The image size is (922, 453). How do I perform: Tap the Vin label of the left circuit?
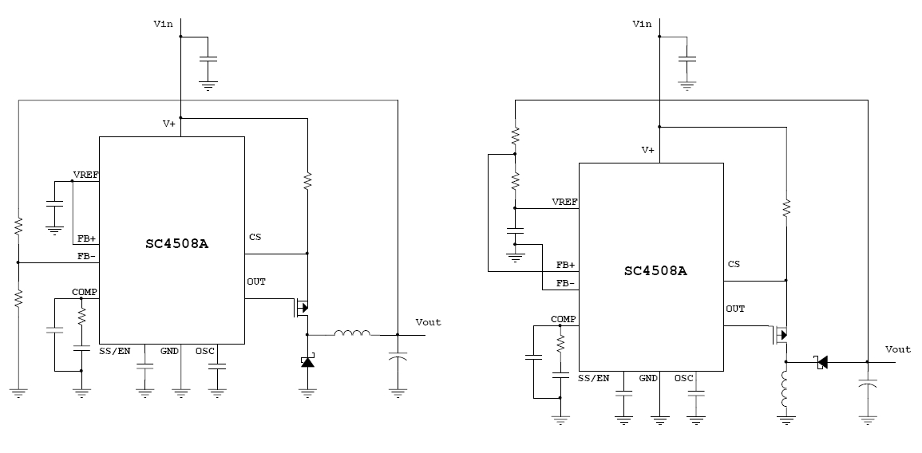[x=163, y=24]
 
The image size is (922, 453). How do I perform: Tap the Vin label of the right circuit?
[x=642, y=24]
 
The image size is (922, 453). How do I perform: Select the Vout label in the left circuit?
[x=428, y=322]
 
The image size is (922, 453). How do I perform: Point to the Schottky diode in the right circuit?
[x=821, y=362]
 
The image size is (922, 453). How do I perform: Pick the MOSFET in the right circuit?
[x=781, y=334]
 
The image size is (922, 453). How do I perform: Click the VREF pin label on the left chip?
[x=85, y=174]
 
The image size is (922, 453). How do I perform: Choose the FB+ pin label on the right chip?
[x=565, y=264]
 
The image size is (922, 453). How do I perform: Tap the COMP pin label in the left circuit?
[x=84, y=292]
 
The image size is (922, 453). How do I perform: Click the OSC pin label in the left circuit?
[x=205, y=350]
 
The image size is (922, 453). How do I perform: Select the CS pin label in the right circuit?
[x=734, y=264]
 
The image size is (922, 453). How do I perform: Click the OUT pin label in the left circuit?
[x=256, y=282]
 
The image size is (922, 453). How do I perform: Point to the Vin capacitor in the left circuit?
[x=208, y=60]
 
